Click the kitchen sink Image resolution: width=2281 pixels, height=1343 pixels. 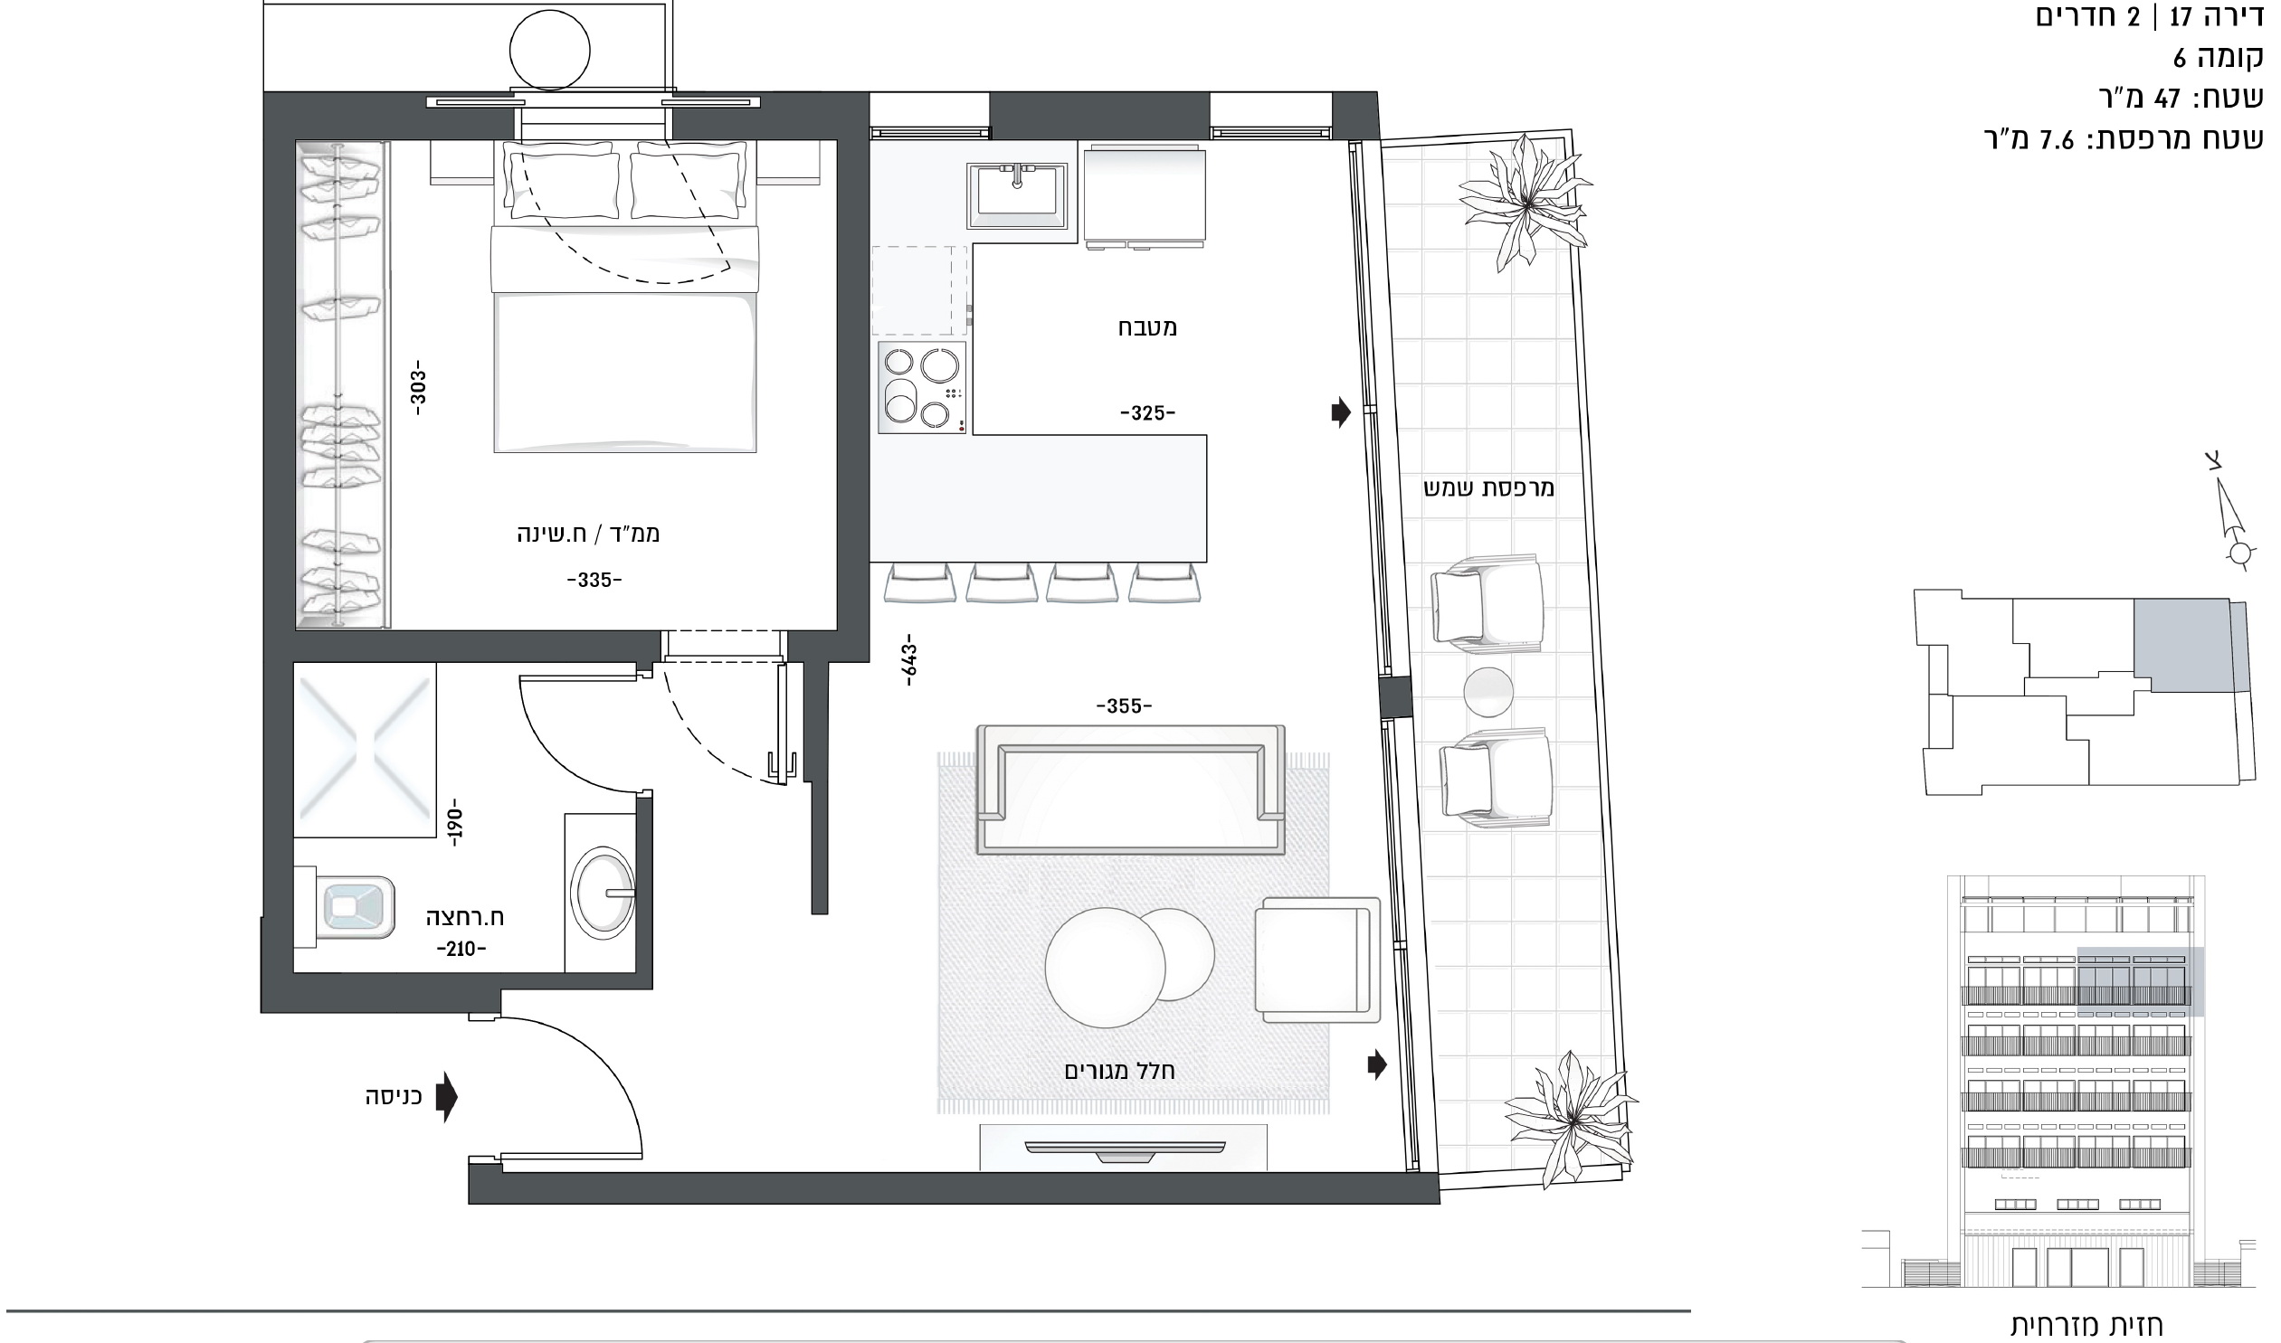1016,195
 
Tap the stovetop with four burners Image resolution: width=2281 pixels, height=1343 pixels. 921,387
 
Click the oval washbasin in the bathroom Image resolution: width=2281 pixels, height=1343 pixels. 604,894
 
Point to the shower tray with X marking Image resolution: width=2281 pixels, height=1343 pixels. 365,750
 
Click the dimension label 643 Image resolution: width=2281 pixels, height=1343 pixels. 909,658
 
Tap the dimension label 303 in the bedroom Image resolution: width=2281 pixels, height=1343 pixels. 417,387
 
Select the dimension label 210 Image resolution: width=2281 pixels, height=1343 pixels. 461,950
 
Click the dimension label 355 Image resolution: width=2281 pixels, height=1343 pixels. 1124,706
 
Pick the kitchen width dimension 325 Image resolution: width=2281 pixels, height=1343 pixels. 1148,412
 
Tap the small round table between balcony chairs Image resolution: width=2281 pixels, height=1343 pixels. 1488,693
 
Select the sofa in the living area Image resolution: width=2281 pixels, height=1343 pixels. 1130,790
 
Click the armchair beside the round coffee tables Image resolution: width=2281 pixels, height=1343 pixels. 1317,960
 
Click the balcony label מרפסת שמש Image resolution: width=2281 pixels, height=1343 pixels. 1489,487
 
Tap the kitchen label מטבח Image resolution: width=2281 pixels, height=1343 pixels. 1147,326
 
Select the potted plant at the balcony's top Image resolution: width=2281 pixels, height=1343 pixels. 1526,203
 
